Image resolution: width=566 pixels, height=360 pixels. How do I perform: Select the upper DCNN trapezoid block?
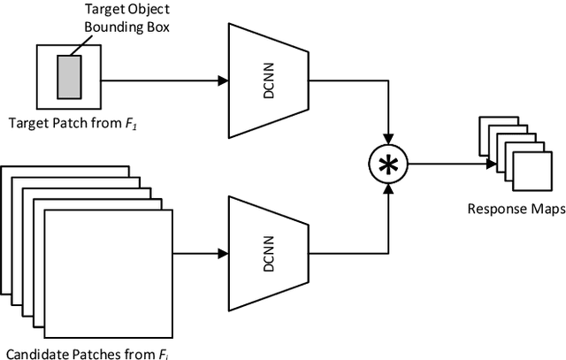pyautogui.click(x=268, y=80)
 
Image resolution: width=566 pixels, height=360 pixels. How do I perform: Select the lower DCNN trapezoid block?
pyautogui.click(x=268, y=252)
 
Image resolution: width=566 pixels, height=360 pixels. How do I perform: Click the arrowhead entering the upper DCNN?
pyautogui.click(x=222, y=80)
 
